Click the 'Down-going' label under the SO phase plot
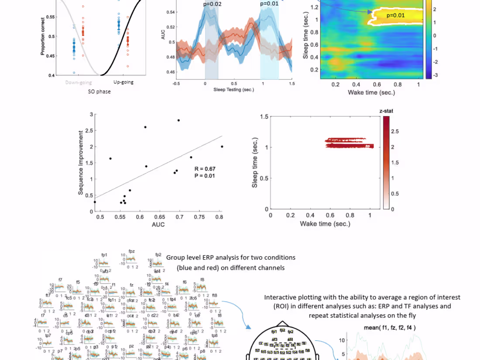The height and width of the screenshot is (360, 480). tap(78, 82)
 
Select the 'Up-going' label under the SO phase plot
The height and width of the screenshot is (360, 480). tap(123, 82)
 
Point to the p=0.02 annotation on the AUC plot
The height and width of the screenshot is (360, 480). tap(212, 4)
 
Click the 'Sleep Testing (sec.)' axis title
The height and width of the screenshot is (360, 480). tap(233, 89)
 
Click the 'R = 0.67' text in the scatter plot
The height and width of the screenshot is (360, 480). tap(205, 169)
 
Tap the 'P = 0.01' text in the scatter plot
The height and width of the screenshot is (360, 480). tap(205, 176)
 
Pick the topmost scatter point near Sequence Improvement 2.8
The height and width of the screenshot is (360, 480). tap(178, 120)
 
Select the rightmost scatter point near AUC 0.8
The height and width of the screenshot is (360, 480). tap(222, 147)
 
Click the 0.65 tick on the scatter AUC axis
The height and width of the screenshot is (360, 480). tap(159, 216)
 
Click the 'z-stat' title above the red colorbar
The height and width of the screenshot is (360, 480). tap(386, 111)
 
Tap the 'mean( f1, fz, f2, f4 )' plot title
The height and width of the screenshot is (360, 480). tap(390, 327)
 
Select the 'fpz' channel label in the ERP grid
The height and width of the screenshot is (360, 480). tap(131, 251)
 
